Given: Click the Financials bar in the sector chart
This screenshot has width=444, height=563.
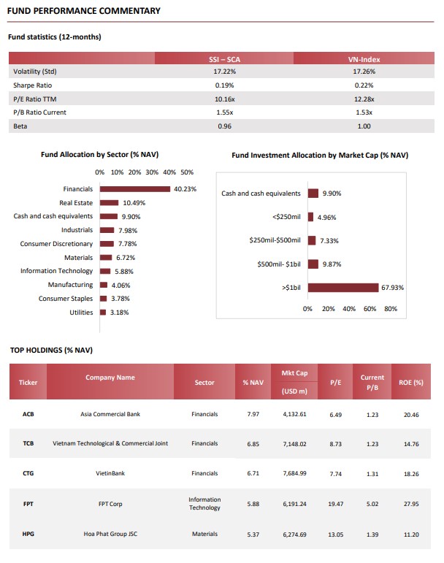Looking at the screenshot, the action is pyautogui.click(x=135, y=189).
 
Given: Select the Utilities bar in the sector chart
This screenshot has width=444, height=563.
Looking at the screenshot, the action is pyautogui.click(x=103, y=313).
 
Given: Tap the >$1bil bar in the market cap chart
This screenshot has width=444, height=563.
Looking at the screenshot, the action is pyautogui.click(x=343, y=288).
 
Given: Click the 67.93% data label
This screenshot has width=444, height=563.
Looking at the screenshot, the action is pyautogui.click(x=392, y=288).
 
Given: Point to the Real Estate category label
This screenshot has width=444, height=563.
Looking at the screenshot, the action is pyautogui.click(x=76, y=203).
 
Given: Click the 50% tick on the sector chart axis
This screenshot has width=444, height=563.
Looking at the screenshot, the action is pyautogui.click(x=187, y=172).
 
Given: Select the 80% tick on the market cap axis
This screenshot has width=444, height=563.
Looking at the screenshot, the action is pyautogui.click(x=391, y=309).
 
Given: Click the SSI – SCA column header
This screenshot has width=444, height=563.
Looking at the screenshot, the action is pyautogui.click(x=224, y=59).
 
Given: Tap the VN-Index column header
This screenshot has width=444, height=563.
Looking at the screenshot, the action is pyautogui.click(x=364, y=59).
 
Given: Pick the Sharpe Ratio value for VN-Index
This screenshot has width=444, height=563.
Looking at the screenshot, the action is pyautogui.click(x=364, y=85).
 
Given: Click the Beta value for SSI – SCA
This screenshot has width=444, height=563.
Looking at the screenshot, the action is pyautogui.click(x=225, y=126).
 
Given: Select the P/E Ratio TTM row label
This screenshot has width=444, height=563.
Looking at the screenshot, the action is pyautogui.click(x=35, y=99).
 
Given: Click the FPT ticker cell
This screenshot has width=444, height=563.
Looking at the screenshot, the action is pyautogui.click(x=28, y=504).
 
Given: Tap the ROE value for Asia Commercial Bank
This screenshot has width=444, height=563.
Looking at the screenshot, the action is pyautogui.click(x=411, y=415).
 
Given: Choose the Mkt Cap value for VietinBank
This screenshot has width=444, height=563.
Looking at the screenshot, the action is pyautogui.click(x=295, y=473).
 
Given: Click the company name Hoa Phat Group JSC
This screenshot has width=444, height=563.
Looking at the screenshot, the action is pyautogui.click(x=110, y=534).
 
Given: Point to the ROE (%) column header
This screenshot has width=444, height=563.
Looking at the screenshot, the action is pyautogui.click(x=411, y=383).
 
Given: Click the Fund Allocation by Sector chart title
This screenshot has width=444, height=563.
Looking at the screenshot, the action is pyautogui.click(x=99, y=155).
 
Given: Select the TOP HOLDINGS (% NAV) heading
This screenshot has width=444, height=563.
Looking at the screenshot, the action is pyautogui.click(x=51, y=350).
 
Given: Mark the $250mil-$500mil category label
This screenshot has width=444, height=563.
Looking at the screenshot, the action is pyautogui.click(x=275, y=240).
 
